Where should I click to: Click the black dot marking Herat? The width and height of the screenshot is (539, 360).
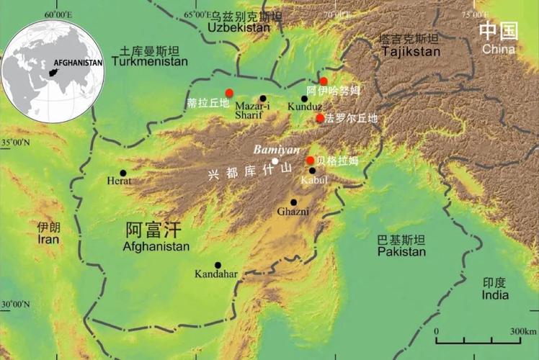click(123, 173)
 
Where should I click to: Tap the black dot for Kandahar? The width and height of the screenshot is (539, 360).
click(218, 265)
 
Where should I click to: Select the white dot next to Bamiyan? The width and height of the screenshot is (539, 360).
click(275, 161)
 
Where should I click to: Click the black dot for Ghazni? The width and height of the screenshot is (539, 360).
click(293, 202)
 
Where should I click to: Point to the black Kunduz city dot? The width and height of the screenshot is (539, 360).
click(305, 99)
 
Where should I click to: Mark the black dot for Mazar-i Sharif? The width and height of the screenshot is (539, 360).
click(263, 99)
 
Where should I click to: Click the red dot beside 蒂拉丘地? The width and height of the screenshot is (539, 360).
click(229, 92)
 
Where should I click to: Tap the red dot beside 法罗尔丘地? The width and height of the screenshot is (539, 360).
click(320, 118)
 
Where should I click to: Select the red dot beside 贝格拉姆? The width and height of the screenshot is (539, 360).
click(310, 160)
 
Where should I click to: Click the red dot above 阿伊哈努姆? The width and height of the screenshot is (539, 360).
click(324, 81)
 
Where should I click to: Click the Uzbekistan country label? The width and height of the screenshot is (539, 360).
click(239, 27)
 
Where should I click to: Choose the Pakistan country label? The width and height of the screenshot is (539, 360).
click(401, 252)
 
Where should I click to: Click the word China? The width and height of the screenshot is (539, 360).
click(499, 49)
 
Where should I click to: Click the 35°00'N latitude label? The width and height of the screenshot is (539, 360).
click(15, 143)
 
